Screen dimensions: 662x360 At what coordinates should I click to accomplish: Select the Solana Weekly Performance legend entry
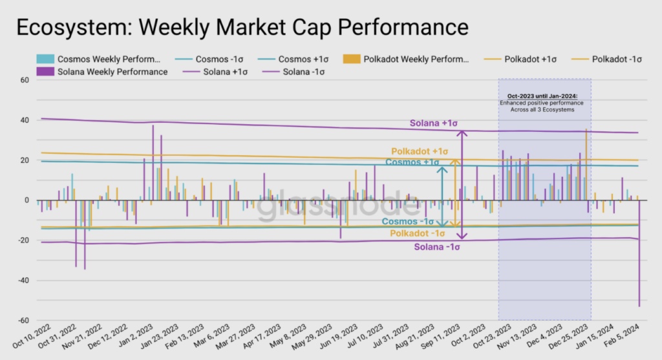coord(102,72)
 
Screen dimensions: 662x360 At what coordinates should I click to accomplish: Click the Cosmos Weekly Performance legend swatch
coord(45,59)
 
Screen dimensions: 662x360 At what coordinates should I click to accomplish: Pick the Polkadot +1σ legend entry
coord(520,59)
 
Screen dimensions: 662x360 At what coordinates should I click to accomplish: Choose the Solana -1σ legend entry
coord(294,72)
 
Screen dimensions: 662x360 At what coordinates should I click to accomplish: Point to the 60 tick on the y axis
coord(25,80)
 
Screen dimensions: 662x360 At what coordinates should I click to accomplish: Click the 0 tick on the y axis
coord(27,200)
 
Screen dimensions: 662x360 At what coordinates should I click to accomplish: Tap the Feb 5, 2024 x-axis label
coord(622,336)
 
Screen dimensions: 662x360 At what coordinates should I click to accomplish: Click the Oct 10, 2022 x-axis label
coord(32,337)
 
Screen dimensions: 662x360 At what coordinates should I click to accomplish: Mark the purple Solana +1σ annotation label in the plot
coord(434,123)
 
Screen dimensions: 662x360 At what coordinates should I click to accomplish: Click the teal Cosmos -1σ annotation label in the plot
coord(407,222)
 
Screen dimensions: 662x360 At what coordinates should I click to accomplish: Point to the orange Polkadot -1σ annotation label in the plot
coord(417,233)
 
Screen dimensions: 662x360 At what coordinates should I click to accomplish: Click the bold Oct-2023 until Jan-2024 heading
coord(542,96)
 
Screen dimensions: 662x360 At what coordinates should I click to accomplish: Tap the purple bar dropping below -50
coord(639,253)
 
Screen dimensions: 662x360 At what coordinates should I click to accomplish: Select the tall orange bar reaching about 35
coord(586,165)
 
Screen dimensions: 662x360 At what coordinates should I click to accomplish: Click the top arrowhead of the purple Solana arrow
coord(462,133)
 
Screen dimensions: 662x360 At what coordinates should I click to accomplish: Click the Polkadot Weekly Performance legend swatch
coord(351,59)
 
